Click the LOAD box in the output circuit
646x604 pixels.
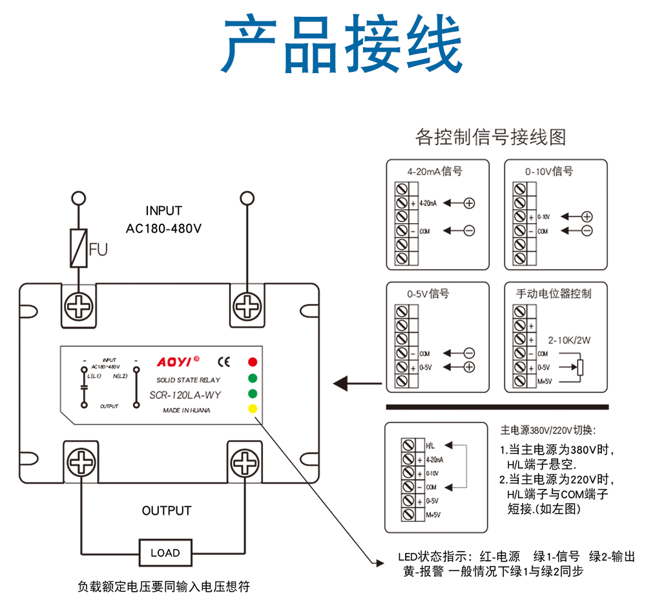pos(165,553)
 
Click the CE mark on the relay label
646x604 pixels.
pos(224,362)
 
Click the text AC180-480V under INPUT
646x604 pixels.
pos(163,228)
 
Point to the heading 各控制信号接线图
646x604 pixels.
pos(490,137)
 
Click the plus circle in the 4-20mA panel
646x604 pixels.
pos(470,203)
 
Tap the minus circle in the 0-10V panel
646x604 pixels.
pos(587,231)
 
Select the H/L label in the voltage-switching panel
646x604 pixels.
pos(431,446)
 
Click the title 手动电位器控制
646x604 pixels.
pos(554,294)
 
